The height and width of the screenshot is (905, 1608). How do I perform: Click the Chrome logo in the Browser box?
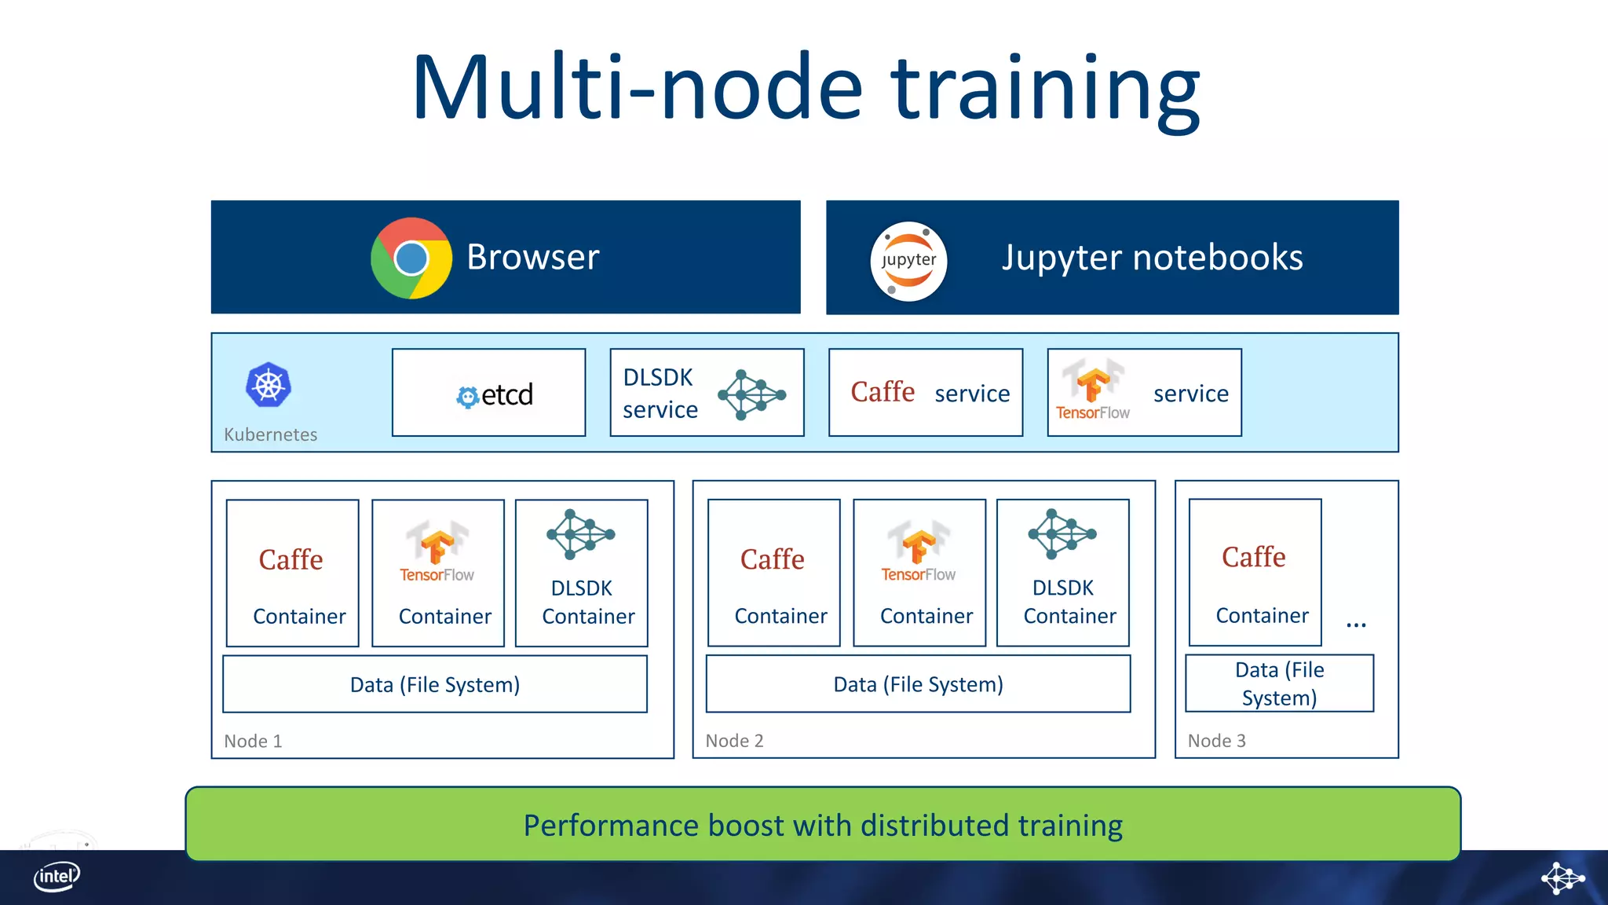click(x=411, y=258)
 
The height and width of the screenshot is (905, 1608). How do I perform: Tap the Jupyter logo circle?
click(x=908, y=261)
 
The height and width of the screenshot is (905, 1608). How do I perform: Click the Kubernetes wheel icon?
click(x=269, y=385)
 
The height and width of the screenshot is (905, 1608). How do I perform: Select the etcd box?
click(x=488, y=393)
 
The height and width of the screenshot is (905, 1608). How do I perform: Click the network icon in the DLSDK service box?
click(x=751, y=394)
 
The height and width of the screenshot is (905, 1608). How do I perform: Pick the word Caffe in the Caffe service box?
click(x=883, y=391)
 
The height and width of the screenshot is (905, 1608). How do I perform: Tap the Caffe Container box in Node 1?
click(x=292, y=573)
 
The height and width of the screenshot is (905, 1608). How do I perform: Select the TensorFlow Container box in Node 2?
click(x=919, y=573)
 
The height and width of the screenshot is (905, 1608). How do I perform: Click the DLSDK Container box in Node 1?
click(x=582, y=573)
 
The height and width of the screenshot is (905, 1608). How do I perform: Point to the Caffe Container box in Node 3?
click(x=1255, y=573)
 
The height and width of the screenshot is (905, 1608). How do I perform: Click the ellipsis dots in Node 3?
click(x=1356, y=625)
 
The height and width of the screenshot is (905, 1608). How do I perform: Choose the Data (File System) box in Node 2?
click(x=918, y=684)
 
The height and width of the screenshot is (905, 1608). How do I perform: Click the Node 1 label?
click(x=253, y=741)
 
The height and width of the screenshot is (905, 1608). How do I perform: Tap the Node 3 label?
click(x=1216, y=741)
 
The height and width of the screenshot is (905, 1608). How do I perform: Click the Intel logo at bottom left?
click(x=57, y=877)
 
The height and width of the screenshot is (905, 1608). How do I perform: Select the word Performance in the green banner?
click(x=611, y=826)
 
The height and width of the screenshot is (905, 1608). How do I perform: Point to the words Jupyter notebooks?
click(x=1152, y=258)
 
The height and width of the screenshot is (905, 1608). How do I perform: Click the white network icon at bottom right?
click(x=1562, y=878)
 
